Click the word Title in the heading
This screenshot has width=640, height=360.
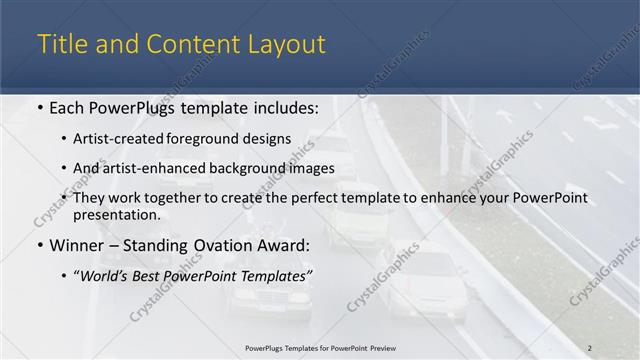pyautogui.click(x=61, y=45)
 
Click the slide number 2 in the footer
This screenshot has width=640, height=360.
pyautogui.click(x=589, y=347)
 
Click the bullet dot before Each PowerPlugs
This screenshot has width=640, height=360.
pyautogui.click(x=39, y=107)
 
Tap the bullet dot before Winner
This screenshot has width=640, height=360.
pyautogui.click(x=39, y=245)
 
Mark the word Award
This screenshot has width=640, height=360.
pyautogui.click(x=283, y=245)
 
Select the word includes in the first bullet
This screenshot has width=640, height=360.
pyautogui.click(x=286, y=107)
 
